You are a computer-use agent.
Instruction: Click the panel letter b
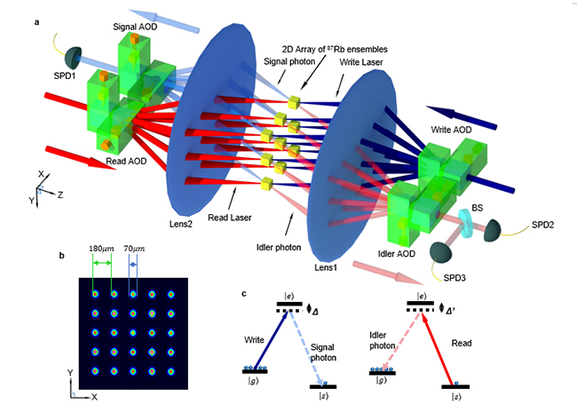tap(59, 255)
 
